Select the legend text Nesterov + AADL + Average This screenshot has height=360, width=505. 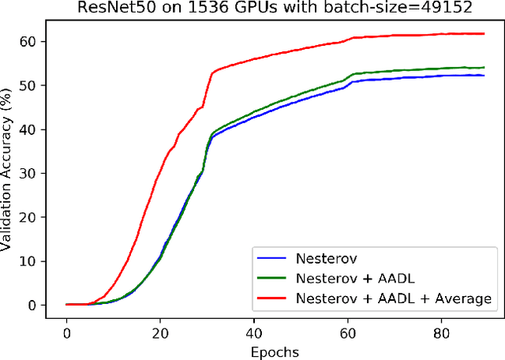coord(393,298)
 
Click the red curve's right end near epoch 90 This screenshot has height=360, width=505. coord(483,33)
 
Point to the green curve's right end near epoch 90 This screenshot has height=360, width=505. coord(483,67)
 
